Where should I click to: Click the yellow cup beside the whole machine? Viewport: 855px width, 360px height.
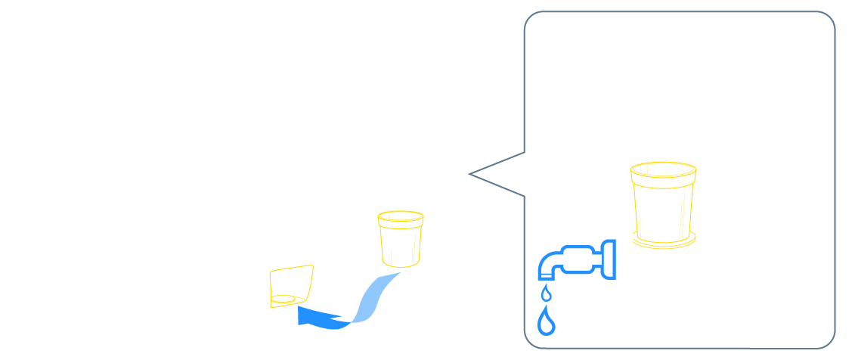[400, 238]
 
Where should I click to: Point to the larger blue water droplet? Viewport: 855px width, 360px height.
[547, 323]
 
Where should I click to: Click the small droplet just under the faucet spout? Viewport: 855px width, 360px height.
[546, 293]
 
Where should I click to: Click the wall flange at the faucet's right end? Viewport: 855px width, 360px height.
[607, 258]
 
